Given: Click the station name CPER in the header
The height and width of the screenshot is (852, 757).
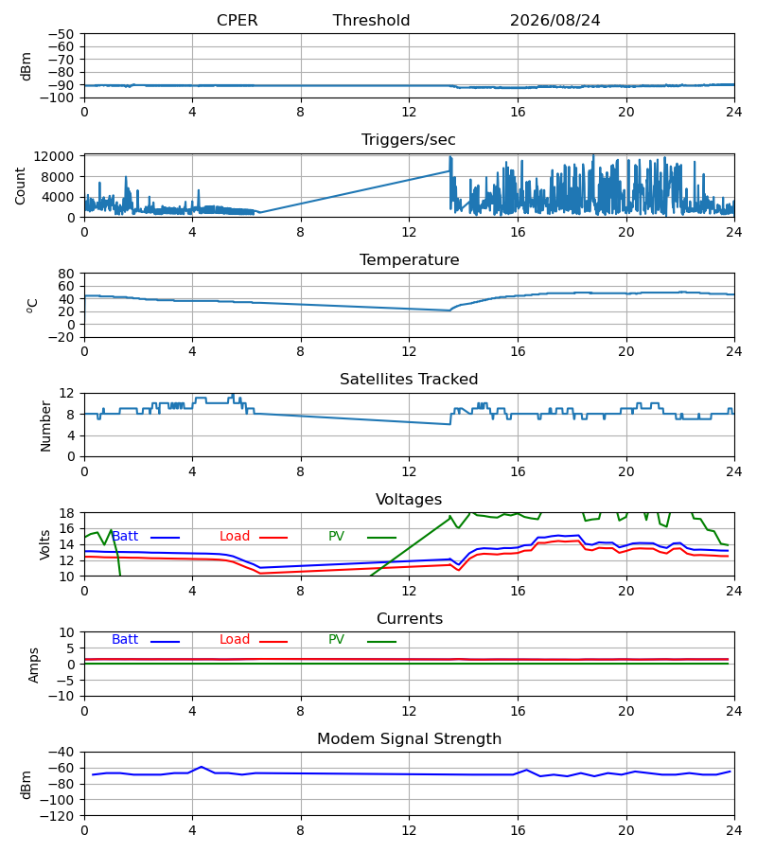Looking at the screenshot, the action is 237,20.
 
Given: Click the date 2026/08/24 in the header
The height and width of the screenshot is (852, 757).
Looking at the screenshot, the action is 555,20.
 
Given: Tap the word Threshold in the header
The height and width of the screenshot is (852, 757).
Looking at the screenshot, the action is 371,20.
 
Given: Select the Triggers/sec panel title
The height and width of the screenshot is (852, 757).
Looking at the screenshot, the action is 409,140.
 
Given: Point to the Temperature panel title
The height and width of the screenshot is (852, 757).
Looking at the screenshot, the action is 409,259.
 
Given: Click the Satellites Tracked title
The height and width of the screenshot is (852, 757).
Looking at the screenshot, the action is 409,380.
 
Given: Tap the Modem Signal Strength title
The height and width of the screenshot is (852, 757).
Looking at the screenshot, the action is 409,739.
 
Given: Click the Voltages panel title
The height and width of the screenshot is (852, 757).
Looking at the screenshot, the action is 409,499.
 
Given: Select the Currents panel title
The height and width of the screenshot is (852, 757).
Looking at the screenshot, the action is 410,619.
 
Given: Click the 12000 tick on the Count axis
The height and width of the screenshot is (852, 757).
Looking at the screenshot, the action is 54,156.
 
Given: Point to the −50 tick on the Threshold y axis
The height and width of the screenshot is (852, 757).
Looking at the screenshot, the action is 61,34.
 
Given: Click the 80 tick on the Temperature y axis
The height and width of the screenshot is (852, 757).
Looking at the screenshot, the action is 65,274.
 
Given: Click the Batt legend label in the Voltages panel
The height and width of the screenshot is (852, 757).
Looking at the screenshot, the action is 125,537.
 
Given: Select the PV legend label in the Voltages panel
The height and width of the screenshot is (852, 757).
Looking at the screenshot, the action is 336,537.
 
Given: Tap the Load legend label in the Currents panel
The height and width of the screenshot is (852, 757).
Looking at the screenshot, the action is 235,640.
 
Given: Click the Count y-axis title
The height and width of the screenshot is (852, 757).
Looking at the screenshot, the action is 21,186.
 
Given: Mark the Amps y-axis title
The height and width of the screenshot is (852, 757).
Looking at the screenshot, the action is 34,666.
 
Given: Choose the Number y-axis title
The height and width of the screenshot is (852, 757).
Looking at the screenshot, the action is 45,427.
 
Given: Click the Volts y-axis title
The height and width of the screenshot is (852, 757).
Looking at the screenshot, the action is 45,545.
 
